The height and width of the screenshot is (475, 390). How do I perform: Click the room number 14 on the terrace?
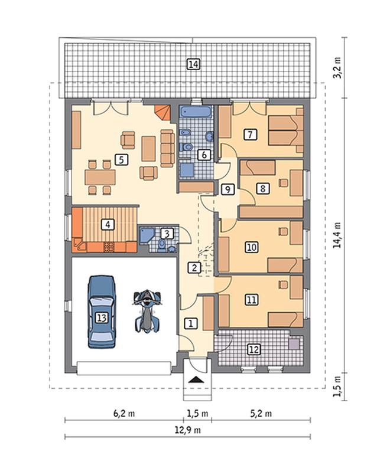(x=193, y=64)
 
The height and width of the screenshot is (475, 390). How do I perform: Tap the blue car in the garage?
(x=102, y=312)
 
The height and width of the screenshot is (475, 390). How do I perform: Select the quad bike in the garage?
(x=147, y=311)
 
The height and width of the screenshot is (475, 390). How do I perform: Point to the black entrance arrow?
(x=196, y=379)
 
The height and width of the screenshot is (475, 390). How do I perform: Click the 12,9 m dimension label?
(x=187, y=430)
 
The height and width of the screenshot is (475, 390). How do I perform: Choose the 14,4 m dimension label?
(x=337, y=235)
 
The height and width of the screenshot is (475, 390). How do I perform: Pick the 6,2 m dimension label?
(x=124, y=413)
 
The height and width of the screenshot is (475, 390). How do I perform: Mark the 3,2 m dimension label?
(x=337, y=67)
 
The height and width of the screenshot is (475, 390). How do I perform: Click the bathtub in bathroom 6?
(x=196, y=112)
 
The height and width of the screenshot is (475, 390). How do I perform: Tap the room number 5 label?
(x=121, y=159)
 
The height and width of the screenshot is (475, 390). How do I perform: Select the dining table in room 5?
(x=100, y=177)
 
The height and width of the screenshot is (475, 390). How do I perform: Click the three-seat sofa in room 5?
(x=167, y=148)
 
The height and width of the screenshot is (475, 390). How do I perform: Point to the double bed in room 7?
(x=286, y=130)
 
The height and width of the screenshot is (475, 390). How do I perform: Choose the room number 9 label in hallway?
(x=227, y=189)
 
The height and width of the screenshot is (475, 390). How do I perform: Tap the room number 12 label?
(x=254, y=349)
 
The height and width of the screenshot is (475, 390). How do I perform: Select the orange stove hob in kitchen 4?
(x=109, y=247)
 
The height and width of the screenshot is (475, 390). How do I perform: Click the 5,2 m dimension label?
(x=261, y=413)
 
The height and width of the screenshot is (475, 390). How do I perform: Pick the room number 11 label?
(x=251, y=300)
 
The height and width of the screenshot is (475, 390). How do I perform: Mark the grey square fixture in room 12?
(x=294, y=344)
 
